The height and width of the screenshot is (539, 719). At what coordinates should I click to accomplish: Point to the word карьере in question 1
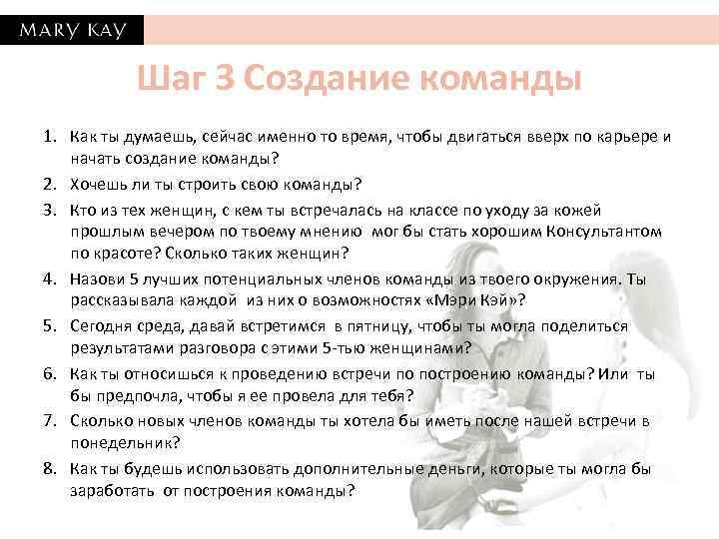(626, 137)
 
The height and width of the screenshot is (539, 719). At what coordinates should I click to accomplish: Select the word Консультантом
(606, 231)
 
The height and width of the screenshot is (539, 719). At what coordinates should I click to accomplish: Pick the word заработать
(111, 491)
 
